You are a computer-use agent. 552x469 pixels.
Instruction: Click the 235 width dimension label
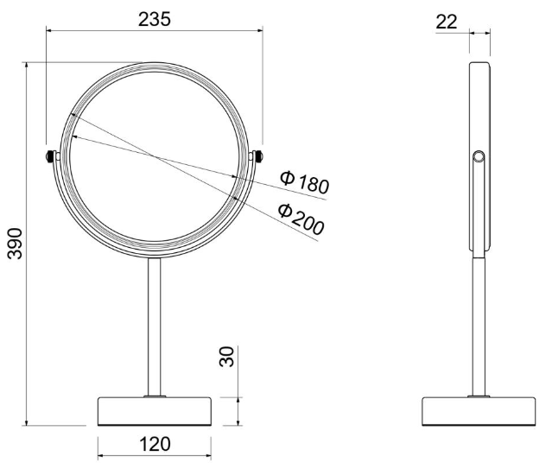[x=154, y=19]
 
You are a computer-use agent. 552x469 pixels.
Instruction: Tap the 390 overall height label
[x=15, y=244]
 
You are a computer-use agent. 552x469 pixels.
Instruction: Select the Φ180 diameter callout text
[x=305, y=182]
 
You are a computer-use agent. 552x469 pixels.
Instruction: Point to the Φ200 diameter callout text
[x=301, y=219]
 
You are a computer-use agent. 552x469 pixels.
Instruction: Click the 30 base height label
[x=226, y=357]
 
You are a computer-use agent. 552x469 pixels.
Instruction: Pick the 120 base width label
[x=155, y=444]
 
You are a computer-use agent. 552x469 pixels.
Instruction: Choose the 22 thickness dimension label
[x=447, y=22]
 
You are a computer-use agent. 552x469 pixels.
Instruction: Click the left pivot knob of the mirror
[x=50, y=156]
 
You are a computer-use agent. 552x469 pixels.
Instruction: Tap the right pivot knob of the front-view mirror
[x=259, y=156]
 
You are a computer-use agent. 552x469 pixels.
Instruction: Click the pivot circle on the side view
[x=479, y=156]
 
